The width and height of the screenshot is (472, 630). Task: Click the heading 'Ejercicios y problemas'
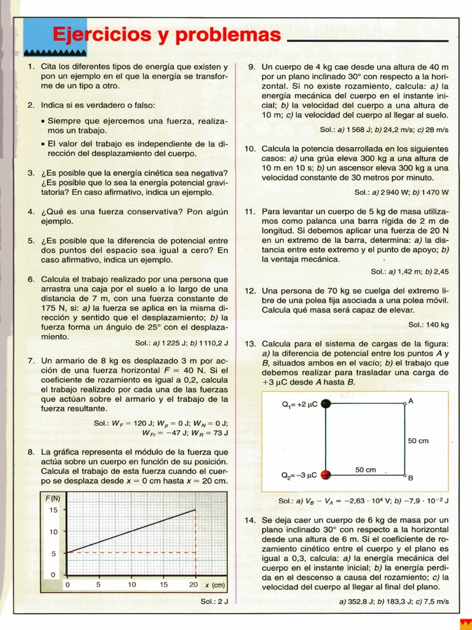pyautogui.click(x=166, y=35)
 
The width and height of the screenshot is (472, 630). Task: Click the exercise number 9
pyautogui.click(x=251, y=66)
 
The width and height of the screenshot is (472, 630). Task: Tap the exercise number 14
pyautogui.click(x=250, y=520)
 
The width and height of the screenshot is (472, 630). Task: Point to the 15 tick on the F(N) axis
pyautogui.click(x=53, y=509)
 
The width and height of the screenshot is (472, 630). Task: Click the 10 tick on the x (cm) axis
pyautogui.click(x=132, y=584)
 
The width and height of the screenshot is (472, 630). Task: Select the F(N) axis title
pyautogui.click(x=53, y=498)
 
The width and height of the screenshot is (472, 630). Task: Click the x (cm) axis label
pyautogui.click(x=215, y=584)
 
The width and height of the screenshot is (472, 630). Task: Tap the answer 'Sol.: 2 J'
pyautogui.click(x=214, y=600)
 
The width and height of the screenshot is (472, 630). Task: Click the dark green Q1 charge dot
pyautogui.click(x=326, y=404)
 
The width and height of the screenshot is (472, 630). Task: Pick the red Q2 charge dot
pyautogui.click(x=326, y=474)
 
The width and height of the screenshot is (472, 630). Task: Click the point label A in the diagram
pyautogui.click(x=411, y=401)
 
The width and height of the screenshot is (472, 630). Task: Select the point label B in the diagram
pyautogui.click(x=411, y=477)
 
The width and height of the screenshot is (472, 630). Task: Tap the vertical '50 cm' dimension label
pyautogui.click(x=419, y=441)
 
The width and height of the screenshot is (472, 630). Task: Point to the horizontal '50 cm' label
pyautogui.click(x=366, y=469)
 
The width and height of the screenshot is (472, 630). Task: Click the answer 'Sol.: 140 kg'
pyautogui.click(x=428, y=324)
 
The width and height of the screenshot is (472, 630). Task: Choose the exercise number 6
pyautogui.click(x=31, y=279)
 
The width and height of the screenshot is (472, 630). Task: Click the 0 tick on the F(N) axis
pyautogui.click(x=53, y=575)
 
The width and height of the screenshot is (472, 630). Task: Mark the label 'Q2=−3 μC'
pyautogui.click(x=299, y=475)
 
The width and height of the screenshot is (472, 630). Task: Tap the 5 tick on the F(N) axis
pyautogui.click(x=53, y=553)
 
